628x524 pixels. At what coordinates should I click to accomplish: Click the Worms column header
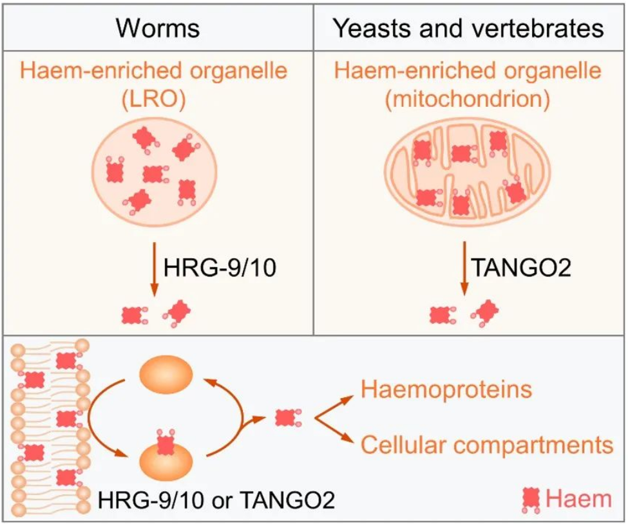[x=158, y=28]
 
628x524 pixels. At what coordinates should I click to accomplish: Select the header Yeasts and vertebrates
[x=469, y=28]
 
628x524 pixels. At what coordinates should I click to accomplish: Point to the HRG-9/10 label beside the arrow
[x=220, y=267]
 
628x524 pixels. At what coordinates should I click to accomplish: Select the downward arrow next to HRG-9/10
[x=154, y=268]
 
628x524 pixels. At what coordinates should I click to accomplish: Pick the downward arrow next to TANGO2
[x=464, y=268]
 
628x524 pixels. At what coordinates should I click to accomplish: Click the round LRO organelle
[x=155, y=172]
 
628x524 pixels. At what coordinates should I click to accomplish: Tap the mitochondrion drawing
[x=468, y=173]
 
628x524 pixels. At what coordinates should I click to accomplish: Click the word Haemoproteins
[x=446, y=389]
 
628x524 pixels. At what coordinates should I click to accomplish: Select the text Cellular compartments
[x=487, y=444]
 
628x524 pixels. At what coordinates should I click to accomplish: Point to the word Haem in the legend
[x=579, y=499]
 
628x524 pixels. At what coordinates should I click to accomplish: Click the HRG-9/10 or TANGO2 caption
[x=216, y=500]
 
